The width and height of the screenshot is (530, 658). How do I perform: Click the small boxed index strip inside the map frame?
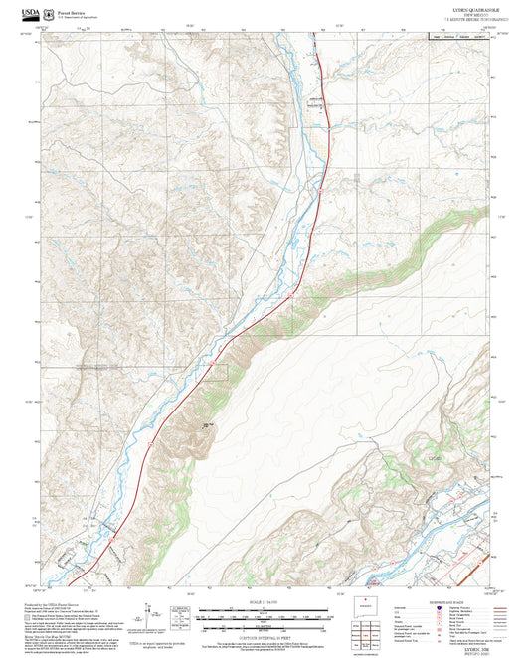pos(462,35)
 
